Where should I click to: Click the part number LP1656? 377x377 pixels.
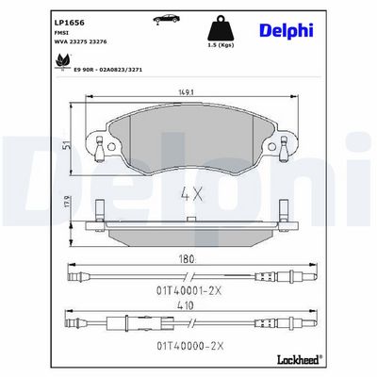(70, 23)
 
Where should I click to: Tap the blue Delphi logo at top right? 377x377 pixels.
(287, 31)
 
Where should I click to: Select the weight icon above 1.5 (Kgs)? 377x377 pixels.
(221, 28)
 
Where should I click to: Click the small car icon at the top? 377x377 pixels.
(167, 19)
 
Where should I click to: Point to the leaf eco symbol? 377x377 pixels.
(62, 61)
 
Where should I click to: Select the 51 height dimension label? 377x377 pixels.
(66, 145)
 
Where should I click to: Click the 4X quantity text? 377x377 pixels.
(191, 194)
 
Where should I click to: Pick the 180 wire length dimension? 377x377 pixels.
(188, 260)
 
